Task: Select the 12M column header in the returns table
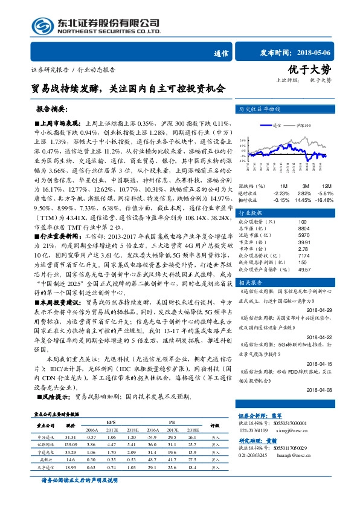[326, 186]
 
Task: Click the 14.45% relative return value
[306, 199]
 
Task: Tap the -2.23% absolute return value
[282, 192]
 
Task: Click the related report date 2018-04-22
[324, 339]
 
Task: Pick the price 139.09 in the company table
[71, 444]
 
